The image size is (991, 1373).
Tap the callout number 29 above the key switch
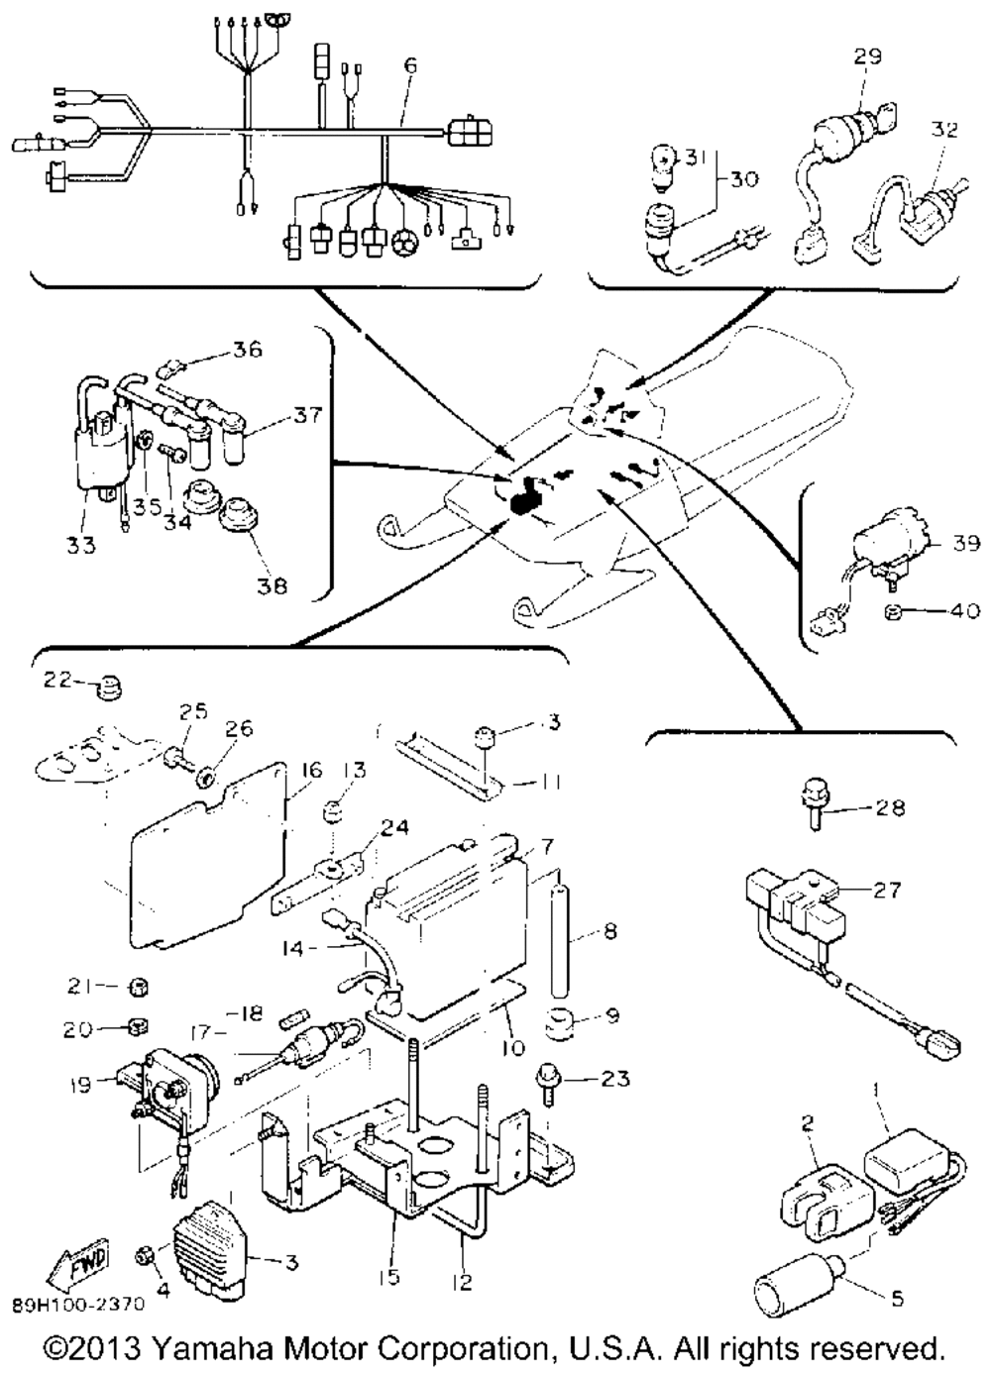pyautogui.click(x=868, y=56)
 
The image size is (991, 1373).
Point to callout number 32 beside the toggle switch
pyautogui.click(x=944, y=129)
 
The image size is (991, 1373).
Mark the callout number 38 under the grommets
pyautogui.click(x=272, y=584)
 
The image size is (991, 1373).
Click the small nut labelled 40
pyautogui.click(x=892, y=612)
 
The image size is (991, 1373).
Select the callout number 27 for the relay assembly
pyautogui.click(x=888, y=890)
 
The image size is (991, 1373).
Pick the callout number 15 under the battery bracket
pyautogui.click(x=389, y=1277)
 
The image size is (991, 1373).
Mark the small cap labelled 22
pyautogui.click(x=102, y=686)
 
